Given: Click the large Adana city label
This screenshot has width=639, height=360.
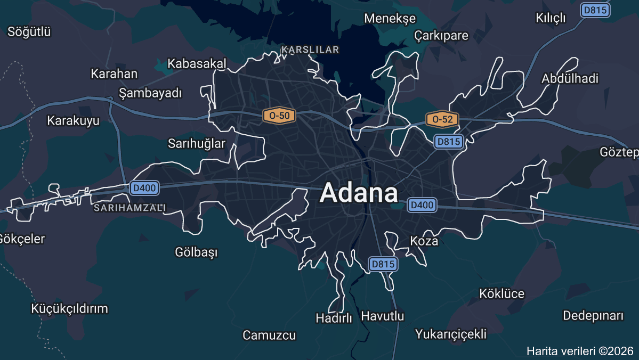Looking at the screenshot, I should (x=359, y=193).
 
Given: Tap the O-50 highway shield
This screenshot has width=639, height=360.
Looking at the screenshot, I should (x=279, y=115).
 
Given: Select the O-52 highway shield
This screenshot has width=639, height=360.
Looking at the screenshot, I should (x=442, y=119).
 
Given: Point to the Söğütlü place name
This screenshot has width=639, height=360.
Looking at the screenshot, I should (x=29, y=32).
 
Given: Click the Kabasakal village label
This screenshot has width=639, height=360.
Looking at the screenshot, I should (x=197, y=64).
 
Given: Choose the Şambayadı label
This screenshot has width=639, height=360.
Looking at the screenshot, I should (x=150, y=93).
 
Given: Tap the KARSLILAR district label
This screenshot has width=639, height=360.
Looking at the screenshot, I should (x=310, y=50).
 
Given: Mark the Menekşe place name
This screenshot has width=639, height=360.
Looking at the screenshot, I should (x=390, y=19).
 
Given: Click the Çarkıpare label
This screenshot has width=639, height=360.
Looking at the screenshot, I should (x=441, y=36).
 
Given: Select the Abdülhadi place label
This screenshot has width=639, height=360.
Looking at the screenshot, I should (x=570, y=79).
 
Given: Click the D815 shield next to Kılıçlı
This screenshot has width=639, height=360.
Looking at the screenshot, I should (x=595, y=10).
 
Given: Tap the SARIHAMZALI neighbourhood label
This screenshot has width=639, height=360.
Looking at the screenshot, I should (x=130, y=207).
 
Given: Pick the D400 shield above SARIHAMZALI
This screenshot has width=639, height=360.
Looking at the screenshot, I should (x=144, y=187).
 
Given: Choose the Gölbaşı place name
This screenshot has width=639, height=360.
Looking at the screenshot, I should (x=196, y=252).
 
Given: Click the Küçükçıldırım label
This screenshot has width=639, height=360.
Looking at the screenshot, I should (x=69, y=309).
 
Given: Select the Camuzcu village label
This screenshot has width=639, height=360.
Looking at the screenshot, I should (x=269, y=336).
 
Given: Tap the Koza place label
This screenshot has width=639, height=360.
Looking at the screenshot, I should (x=424, y=241).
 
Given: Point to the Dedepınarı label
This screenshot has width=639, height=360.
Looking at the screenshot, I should (x=593, y=315).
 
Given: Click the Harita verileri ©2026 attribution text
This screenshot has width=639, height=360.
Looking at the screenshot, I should (x=580, y=351).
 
